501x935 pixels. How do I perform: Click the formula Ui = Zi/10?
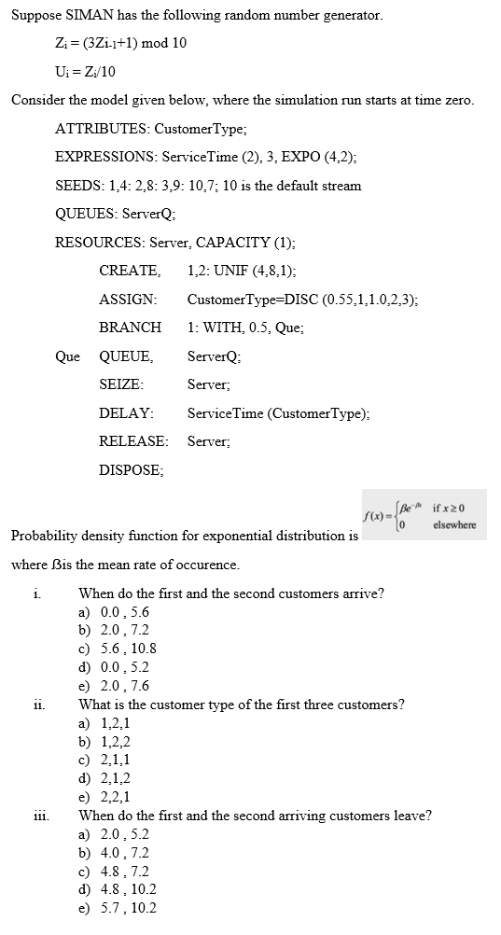click(x=86, y=71)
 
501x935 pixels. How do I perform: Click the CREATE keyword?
click(x=129, y=271)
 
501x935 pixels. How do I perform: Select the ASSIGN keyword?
click(x=128, y=300)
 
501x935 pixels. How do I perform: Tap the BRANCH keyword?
click(x=130, y=328)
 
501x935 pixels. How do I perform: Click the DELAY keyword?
click(x=126, y=412)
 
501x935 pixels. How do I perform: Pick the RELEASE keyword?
click(x=133, y=441)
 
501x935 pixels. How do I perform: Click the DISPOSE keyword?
click(x=131, y=470)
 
